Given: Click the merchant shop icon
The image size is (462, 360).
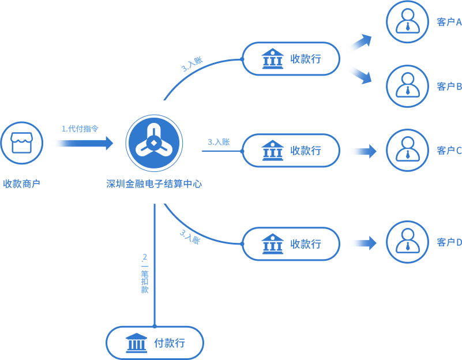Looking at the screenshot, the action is click(21, 143).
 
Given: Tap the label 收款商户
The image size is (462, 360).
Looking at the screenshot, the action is click(21, 184).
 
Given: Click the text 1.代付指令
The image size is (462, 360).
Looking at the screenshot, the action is click(80, 129).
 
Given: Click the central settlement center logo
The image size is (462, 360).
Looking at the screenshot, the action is click(154, 143).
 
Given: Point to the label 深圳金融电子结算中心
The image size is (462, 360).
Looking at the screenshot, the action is click(154, 184).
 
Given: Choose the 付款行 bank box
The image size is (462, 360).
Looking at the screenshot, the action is click(155, 343).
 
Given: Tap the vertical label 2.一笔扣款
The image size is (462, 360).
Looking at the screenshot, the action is click(145, 273).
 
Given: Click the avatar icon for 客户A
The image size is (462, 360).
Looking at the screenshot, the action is click(407, 22).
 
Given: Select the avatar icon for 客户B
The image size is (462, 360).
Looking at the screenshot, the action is click(407, 86).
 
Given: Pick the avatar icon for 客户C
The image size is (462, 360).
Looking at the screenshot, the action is click(407, 150).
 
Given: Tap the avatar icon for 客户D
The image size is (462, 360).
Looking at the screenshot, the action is click(407, 242).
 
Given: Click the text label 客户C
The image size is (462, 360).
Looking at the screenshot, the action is click(449, 151).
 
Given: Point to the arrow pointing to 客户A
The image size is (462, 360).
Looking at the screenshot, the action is click(360, 42).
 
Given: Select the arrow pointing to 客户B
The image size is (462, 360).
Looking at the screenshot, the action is click(360, 76).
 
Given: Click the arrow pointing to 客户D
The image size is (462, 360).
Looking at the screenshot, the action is click(363, 243).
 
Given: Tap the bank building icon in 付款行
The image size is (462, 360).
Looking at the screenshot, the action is click(136, 343).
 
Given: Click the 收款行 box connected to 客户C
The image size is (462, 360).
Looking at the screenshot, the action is click(291, 151).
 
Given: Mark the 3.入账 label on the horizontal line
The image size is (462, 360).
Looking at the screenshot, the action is click(219, 142).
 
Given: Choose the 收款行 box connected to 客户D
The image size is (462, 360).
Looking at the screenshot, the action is click(291, 243).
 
